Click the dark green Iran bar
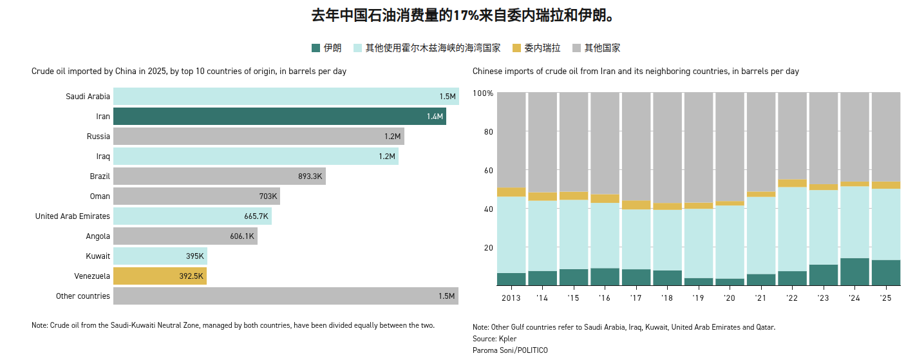coord(279,117)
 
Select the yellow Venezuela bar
coord(160,276)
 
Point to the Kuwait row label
coord(98,256)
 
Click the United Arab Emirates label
coord(73,216)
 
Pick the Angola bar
coord(185,236)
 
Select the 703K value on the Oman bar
coord(268,196)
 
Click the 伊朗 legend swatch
coord(316,48)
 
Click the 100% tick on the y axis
coord(483,94)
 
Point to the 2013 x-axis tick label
coord(511,298)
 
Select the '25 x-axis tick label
coord(885,298)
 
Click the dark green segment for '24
coord(854,272)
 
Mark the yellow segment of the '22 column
coord(791,184)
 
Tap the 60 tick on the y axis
coord(488,171)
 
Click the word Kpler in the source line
coord(507,339)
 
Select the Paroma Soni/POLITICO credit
coord(510,350)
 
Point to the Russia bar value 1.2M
coord(393,137)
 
